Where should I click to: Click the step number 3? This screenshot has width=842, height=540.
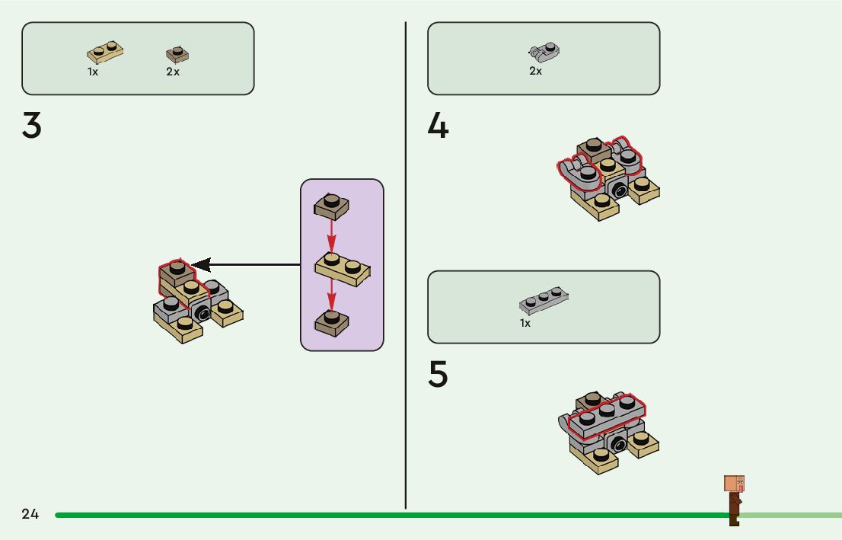[x=31, y=126]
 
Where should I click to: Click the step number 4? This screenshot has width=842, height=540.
[x=438, y=126]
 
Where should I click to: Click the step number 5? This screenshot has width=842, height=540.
[x=438, y=374]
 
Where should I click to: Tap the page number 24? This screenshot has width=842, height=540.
[x=30, y=514]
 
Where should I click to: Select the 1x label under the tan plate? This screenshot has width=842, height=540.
[x=93, y=72]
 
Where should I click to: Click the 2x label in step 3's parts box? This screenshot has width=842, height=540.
[x=173, y=72]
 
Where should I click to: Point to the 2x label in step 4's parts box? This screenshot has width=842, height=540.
[x=536, y=71]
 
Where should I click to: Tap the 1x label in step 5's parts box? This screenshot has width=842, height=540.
[x=525, y=323]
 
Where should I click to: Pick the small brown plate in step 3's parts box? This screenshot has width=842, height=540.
[x=177, y=55]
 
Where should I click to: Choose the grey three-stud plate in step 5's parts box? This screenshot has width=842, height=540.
[x=545, y=302]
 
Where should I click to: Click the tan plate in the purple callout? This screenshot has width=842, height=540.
[x=343, y=269]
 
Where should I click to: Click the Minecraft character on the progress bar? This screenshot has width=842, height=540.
[x=734, y=499]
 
